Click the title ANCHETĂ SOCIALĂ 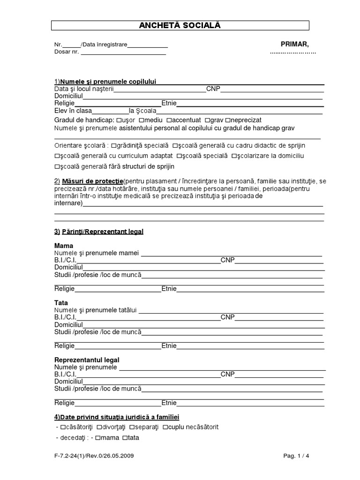180,25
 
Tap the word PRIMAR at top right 294,45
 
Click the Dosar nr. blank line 123,52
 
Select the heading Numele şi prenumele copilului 107,82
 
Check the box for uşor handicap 124,120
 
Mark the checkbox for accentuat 169,120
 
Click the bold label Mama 64,246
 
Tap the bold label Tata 61,303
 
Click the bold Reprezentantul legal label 87,360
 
